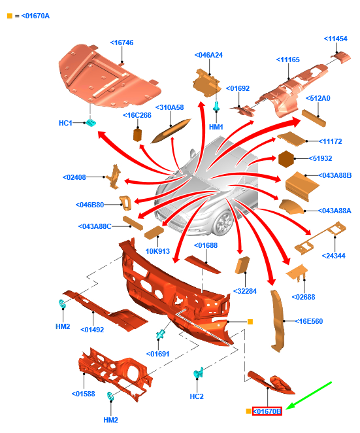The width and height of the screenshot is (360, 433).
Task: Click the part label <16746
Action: click(x=122, y=43)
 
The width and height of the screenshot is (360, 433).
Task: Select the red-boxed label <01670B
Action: click(x=267, y=411)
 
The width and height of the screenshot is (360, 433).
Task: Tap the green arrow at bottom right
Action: click(x=308, y=396)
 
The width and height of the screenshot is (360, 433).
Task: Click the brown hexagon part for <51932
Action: click(x=286, y=159)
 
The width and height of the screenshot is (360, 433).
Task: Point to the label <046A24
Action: click(x=208, y=55)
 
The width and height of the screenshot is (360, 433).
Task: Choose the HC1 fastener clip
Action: click(x=90, y=122)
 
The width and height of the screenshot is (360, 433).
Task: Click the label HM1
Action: click(x=216, y=127)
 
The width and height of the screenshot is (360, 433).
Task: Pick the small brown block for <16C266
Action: click(x=137, y=134)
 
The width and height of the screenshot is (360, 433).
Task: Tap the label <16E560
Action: click(x=308, y=321)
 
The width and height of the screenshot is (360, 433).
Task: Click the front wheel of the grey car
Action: click(x=224, y=222)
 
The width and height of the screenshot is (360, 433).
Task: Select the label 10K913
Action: click(x=157, y=251)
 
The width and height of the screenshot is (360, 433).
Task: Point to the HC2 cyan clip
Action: click(x=198, y=373)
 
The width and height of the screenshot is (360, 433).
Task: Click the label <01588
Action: click(x=83, y=394)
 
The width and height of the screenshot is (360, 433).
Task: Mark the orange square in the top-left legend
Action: click(x=10, y=16)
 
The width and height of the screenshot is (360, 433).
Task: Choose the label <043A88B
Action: click(x=335, y=175)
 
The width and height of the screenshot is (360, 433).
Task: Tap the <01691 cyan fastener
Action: click(x=160, y=335)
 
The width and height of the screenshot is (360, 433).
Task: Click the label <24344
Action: click(x=333, y=256)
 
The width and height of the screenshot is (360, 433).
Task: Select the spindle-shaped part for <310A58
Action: click(x=171, y=131)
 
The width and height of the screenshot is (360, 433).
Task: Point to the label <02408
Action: click(x=74, y=177)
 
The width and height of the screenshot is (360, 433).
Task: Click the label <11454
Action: click(x=335, y=39)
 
